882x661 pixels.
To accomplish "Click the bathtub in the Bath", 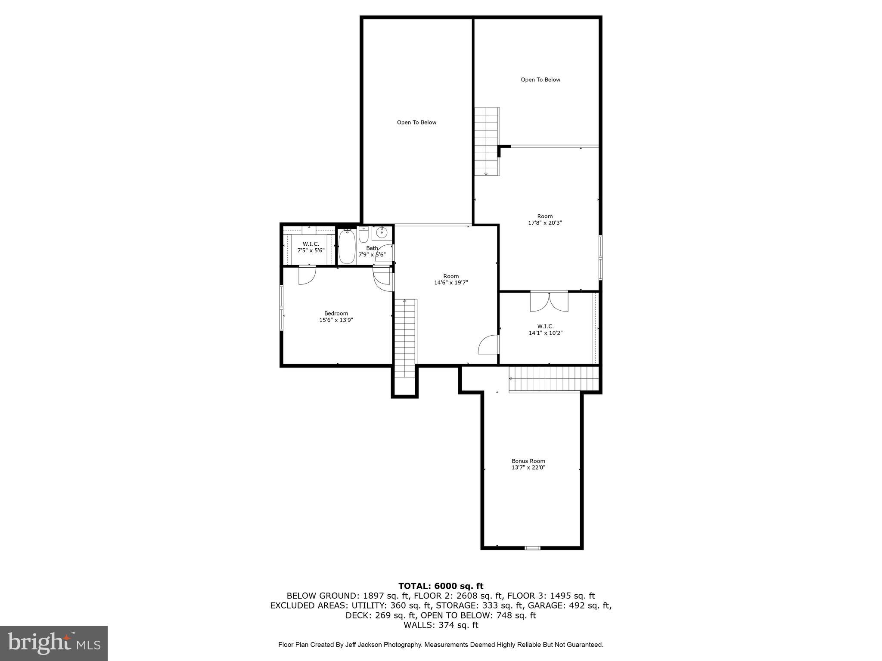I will coord(346,247).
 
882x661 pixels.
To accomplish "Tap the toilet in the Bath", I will coord(363,234).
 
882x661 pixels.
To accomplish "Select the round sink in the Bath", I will coord(382,233).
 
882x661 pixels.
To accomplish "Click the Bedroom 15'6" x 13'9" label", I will coord(336,316).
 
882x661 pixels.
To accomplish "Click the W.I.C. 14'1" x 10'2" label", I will coord(546,329).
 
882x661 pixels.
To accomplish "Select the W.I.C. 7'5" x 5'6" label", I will coord(311,247).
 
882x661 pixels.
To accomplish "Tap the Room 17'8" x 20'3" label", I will coord(545,219).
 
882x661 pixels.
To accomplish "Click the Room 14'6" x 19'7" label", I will coord(451,279).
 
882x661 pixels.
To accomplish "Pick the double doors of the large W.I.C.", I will coord(549,301).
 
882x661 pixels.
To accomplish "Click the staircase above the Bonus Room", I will coord(554,379).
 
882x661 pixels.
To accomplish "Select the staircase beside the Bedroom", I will coord(405,338).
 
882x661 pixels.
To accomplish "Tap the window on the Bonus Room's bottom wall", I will coord(532,548).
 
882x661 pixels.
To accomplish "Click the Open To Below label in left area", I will coord(416,123).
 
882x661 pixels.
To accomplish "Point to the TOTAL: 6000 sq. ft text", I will coord(441,586).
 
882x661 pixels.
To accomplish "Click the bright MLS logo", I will coord(54,643).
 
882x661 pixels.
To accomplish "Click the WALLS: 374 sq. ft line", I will coord(441,625).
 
